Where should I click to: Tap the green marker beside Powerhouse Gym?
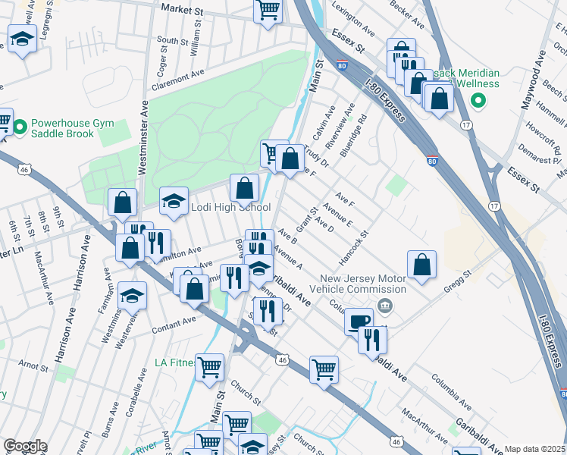click(x=20, y=124)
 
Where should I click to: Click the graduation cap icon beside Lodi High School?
click(x=174, y=202)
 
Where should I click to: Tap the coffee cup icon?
click(x=359, y=320)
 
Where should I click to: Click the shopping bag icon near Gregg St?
click(x=422, y=265)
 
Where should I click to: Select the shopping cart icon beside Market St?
click(x=268, y=11)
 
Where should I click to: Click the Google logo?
click(x=25, y=446)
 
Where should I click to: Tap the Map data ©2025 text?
click(x=534, y=449)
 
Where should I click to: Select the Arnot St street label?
click(x=33, y=366)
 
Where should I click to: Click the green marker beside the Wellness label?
click(x=478, y=100)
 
